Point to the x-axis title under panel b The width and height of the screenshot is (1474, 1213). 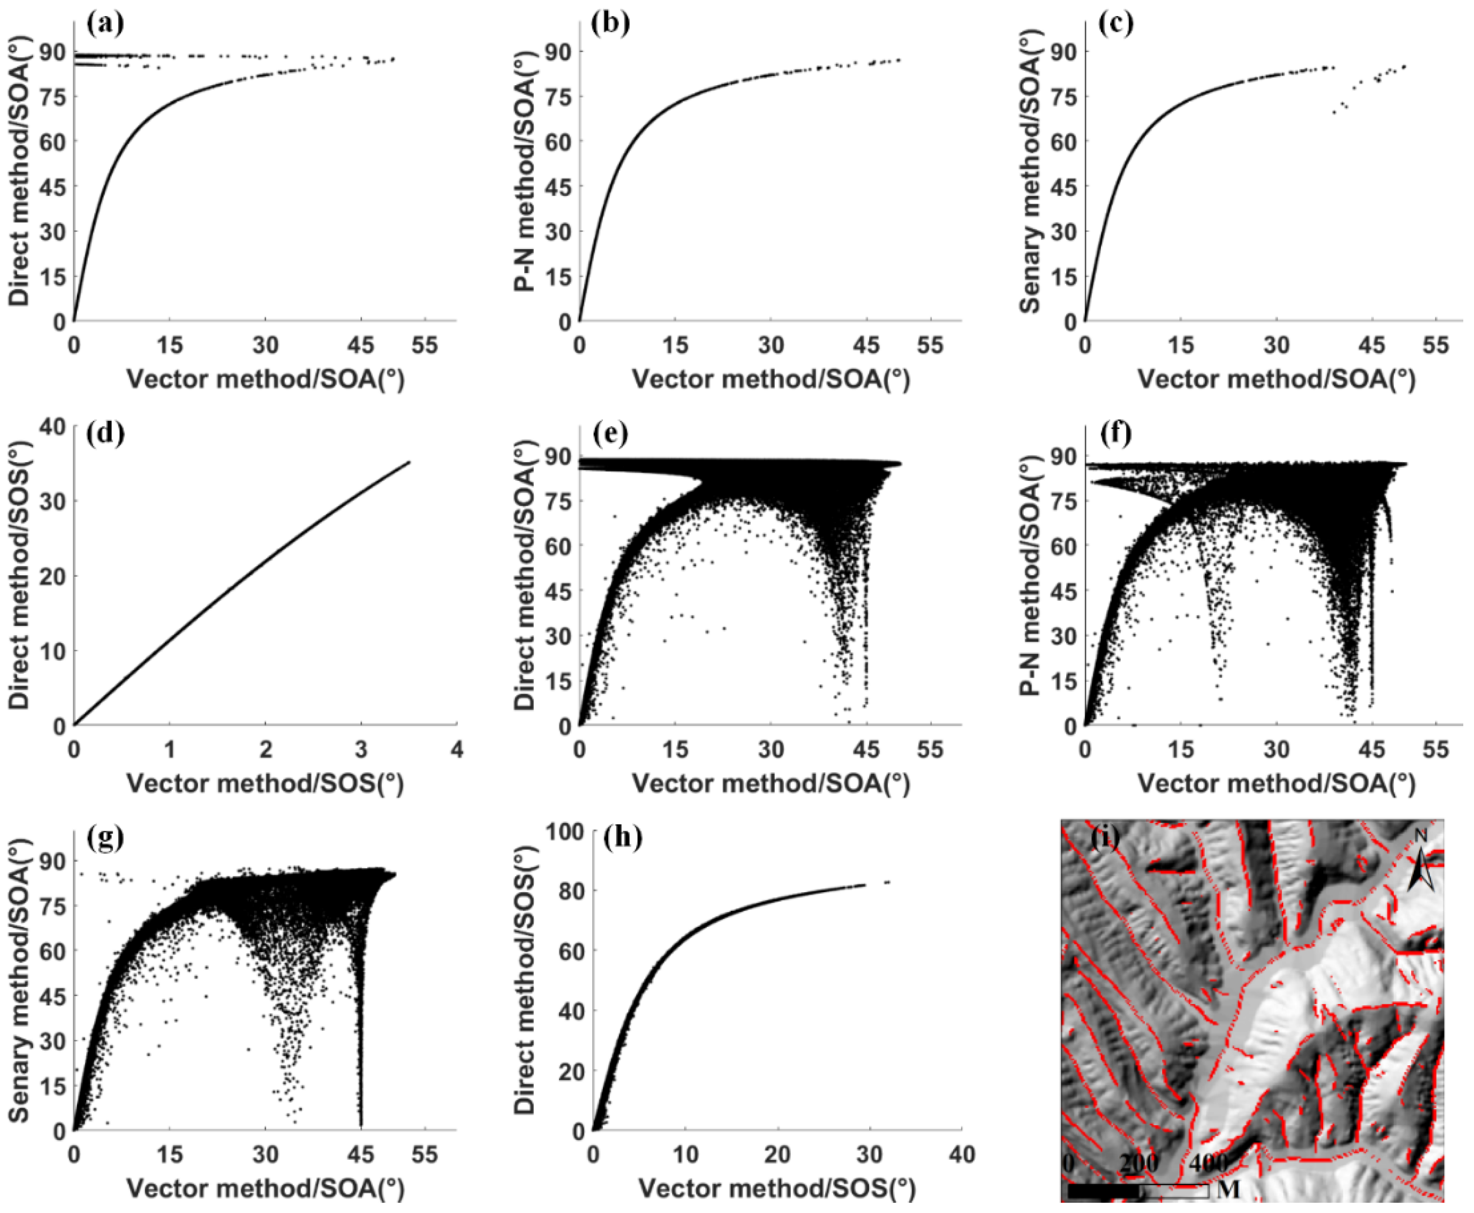(770, 379)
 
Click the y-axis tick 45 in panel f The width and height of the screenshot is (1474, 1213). (1062, 591)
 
